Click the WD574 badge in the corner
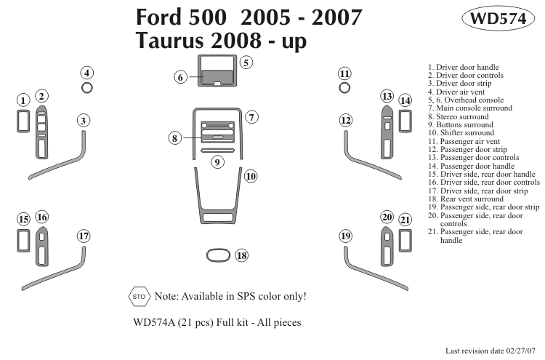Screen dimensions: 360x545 [x=498, y=20]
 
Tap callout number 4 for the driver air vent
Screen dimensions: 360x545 [x=86, y=73]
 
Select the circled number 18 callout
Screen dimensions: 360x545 [x=241, y=255]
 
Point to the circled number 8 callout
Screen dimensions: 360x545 [x=175, y=137]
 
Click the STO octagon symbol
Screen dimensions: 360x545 [x=139, y=296]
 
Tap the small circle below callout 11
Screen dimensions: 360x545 [x=345, y=87]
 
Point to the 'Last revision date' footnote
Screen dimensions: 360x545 [x=494, y=350]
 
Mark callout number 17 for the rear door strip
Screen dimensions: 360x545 [x=84, y=236]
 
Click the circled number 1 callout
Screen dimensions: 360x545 [x=23, y=100]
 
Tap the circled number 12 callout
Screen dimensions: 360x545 [x=345, y=120]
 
